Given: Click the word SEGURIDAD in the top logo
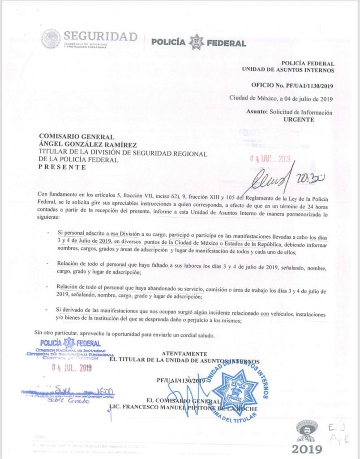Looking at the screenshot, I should tap(100, 36).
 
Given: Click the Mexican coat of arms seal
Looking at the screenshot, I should tap(51, 39).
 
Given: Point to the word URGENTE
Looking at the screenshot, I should tap(299, 120).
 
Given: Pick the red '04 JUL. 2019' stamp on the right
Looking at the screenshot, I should tap(270, 159).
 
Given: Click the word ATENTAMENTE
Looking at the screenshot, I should tap(184, 354).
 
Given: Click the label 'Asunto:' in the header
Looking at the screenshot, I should tap(257, 113).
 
